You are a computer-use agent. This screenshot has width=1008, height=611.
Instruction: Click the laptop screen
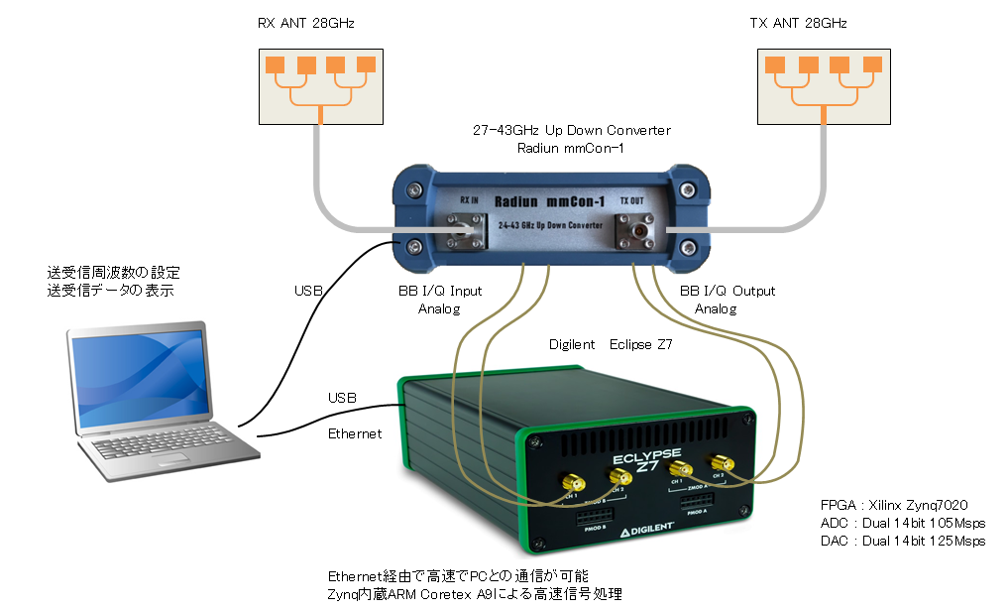(x=138, y=377)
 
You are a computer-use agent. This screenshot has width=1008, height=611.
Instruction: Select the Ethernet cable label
(x=355, y=433)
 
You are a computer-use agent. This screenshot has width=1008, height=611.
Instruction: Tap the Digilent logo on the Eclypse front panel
(x=648, y=533)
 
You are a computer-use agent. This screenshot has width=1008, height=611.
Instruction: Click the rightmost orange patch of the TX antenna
(x=873, y=65)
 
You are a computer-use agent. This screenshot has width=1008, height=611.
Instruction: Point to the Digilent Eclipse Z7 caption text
(x=611, y=345)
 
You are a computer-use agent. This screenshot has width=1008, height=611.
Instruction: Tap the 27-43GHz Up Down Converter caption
(x=572, y=131)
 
